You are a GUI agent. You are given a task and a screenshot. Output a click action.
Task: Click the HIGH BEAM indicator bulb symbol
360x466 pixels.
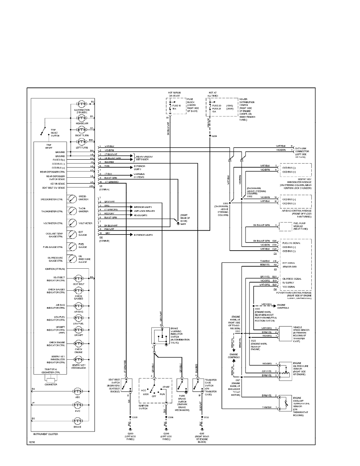click(82, 116)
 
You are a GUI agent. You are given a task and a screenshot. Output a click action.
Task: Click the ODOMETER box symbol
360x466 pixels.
click(51, 380)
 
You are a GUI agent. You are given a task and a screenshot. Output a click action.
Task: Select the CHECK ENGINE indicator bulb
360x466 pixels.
click(78, 343)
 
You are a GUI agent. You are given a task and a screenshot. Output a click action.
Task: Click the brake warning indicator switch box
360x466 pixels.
click(160, 336)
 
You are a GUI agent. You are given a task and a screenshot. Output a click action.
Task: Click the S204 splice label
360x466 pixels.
click(214, 136)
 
